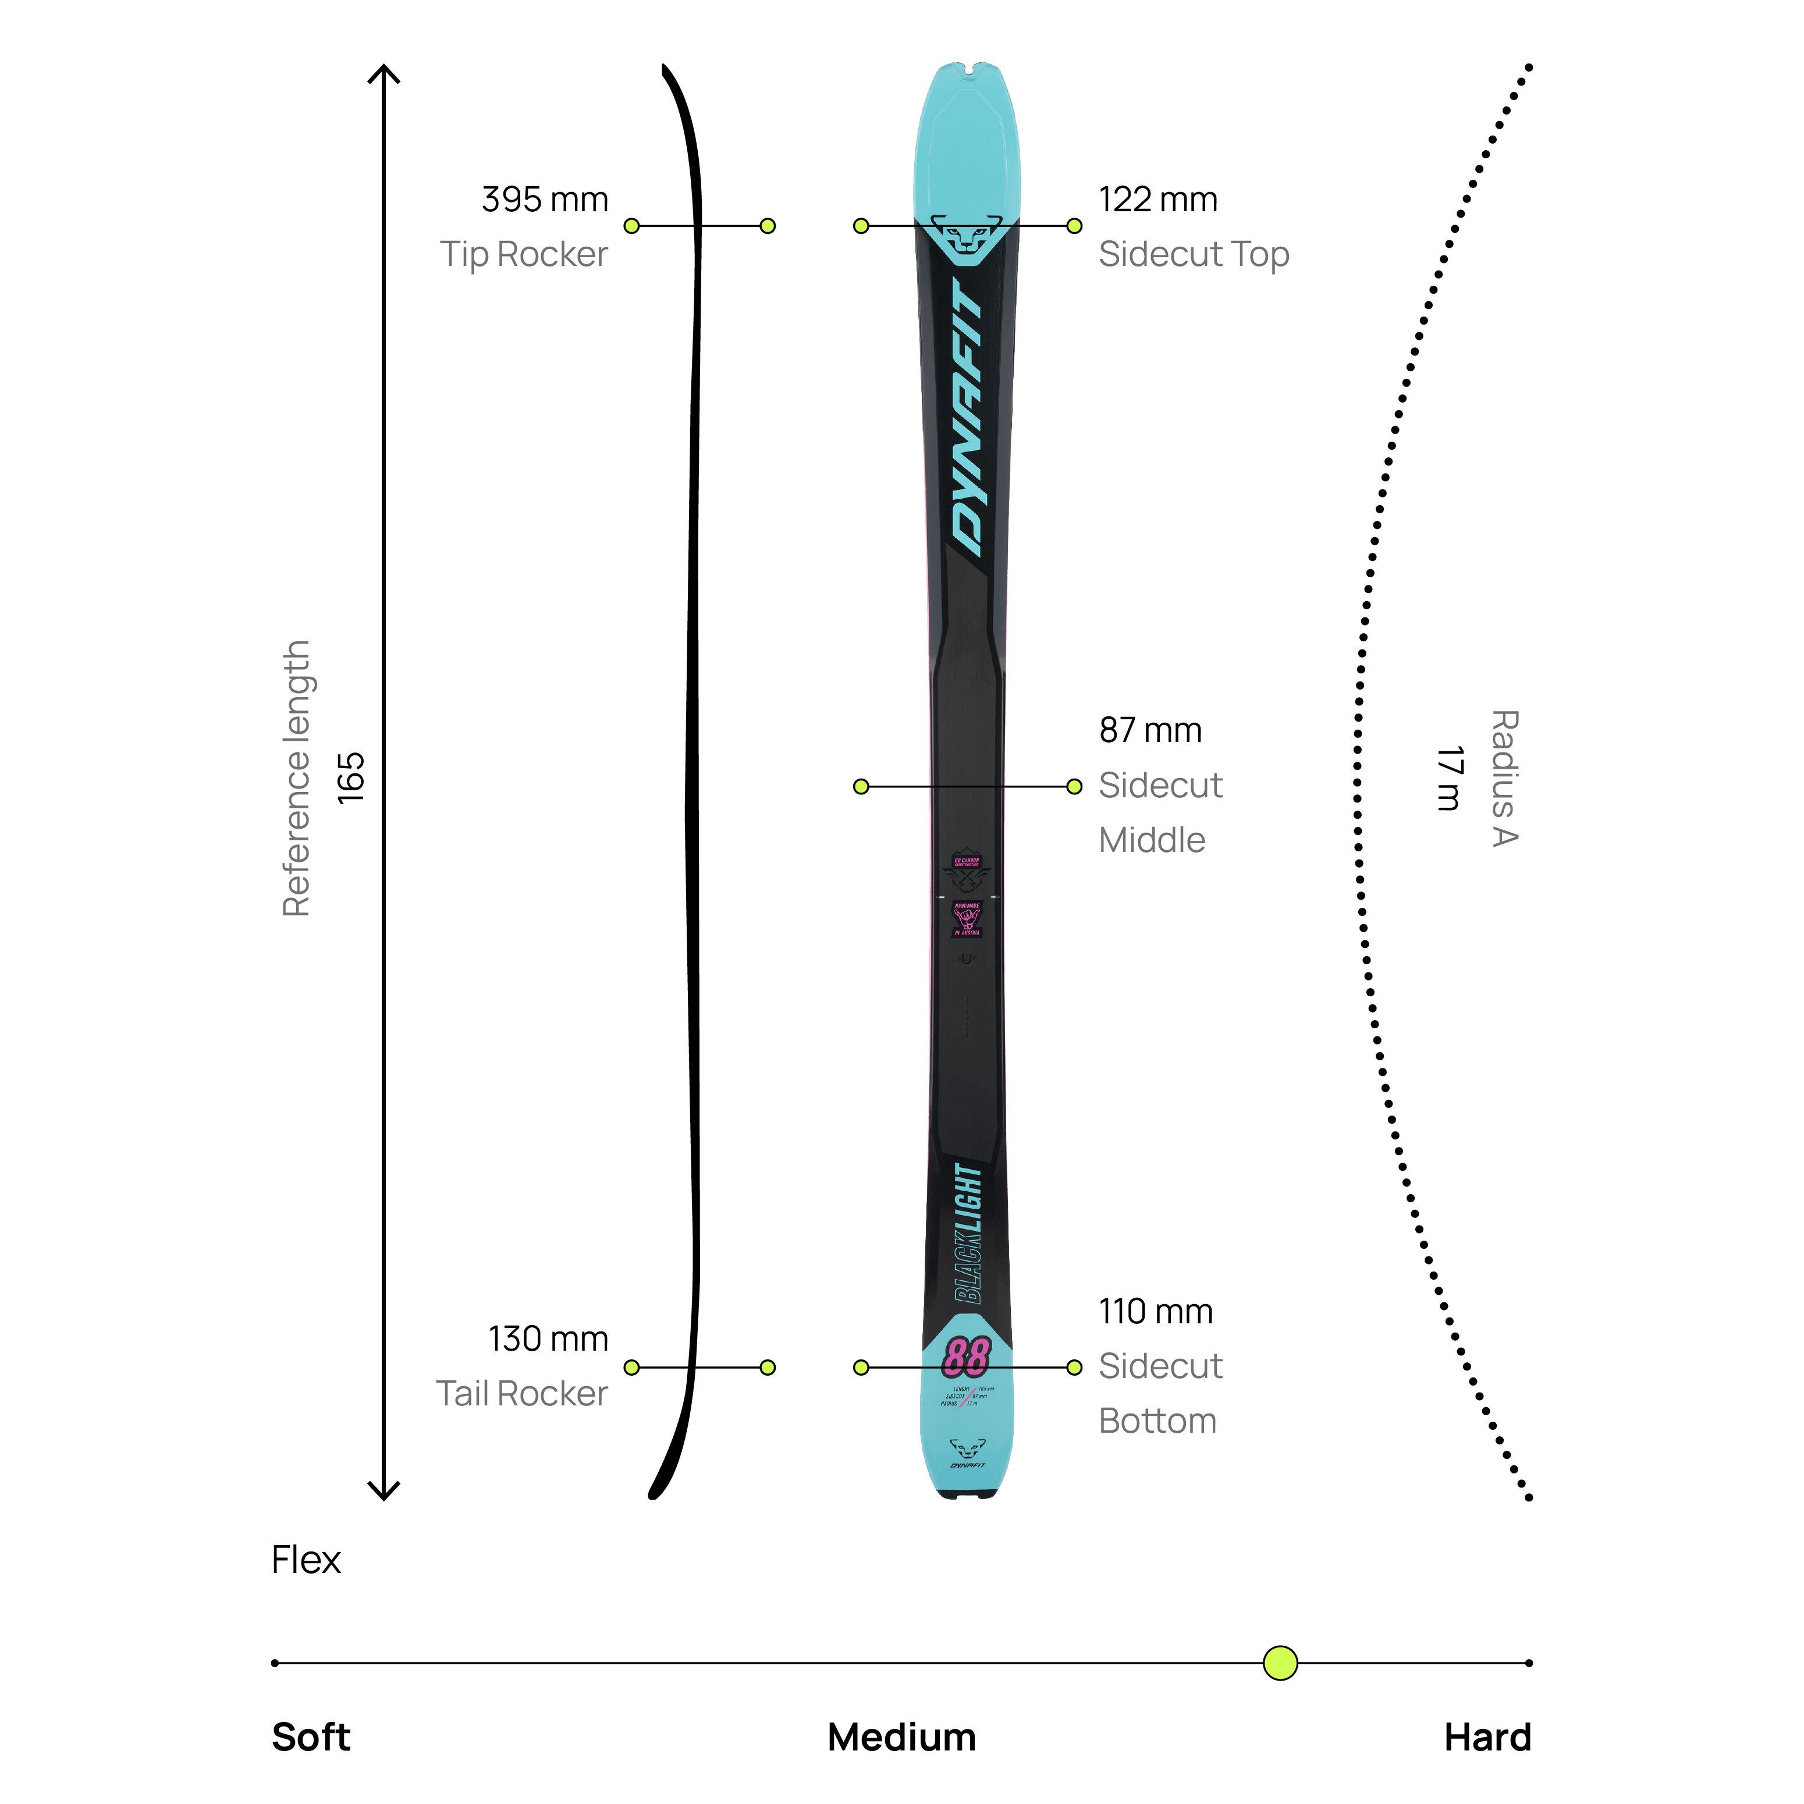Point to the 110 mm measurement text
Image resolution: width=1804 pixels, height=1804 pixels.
(x=1155, y=1312)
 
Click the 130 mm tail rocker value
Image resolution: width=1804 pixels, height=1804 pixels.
(x=548, y=1339)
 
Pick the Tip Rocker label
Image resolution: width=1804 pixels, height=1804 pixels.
(x=524, y=254)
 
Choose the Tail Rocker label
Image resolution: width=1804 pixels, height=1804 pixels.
(x=522, y=1393)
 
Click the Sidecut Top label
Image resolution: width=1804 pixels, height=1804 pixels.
(x=1194, y=254)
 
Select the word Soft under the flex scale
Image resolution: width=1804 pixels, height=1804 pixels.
(x=311, y=1738)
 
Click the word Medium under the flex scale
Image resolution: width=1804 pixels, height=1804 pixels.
(x=901, y=1738)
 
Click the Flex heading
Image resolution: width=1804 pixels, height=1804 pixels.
(x=306, y=1560)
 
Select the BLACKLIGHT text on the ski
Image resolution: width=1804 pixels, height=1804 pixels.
(x=968, y=1233)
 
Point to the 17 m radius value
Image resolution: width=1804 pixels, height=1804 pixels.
(x=1448, y=778)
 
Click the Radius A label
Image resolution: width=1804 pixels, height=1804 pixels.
(x=1504, y=778)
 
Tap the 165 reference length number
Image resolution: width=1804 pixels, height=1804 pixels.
(x=350, y=778)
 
